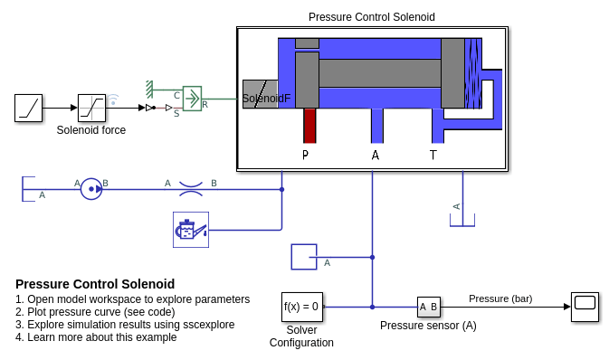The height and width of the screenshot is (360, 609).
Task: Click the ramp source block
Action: [28, 108]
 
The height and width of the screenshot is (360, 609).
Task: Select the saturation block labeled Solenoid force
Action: [91, 108]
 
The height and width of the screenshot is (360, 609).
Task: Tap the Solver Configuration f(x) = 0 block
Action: [302, 307]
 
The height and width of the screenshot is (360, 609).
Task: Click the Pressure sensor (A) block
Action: [429, 308]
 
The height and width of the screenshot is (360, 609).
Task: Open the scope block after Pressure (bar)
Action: [585, 307]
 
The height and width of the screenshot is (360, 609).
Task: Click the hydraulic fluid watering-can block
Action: [191, 230]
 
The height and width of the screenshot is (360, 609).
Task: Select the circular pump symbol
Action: [91, 189]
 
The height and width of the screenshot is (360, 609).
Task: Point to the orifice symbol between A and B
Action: [191, 189]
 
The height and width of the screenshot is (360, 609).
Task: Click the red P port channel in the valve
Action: [309, 126]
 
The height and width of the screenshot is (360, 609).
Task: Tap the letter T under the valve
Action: [433, 156]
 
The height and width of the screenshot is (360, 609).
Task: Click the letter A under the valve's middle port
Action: [376, 156]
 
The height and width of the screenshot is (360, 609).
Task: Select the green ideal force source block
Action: [192, 99]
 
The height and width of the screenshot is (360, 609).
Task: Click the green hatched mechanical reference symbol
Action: [149, 90]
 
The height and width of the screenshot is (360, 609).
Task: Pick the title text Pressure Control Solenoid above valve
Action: [372, 17]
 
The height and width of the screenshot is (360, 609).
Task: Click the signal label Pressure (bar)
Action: [500, 298]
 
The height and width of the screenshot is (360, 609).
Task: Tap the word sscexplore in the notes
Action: [208, 325]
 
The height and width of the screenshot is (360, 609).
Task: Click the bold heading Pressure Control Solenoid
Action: [95, 284]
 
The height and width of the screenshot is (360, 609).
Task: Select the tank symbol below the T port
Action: [462, 220]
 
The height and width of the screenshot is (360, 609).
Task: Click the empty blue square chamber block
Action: [304, 257]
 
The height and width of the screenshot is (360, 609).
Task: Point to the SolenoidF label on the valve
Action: [266, 99]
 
